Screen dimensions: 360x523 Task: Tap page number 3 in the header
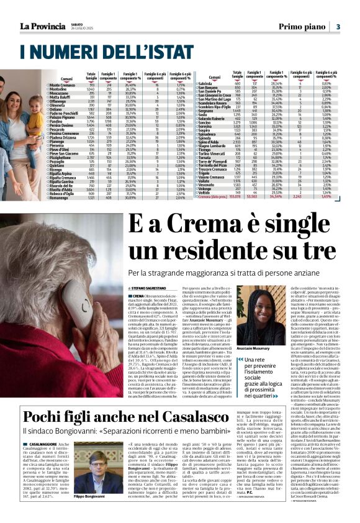pyautogui.click(x=338, y=27)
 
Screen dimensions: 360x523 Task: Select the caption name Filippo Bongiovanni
pyautogui.click(x=84, y=514)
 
